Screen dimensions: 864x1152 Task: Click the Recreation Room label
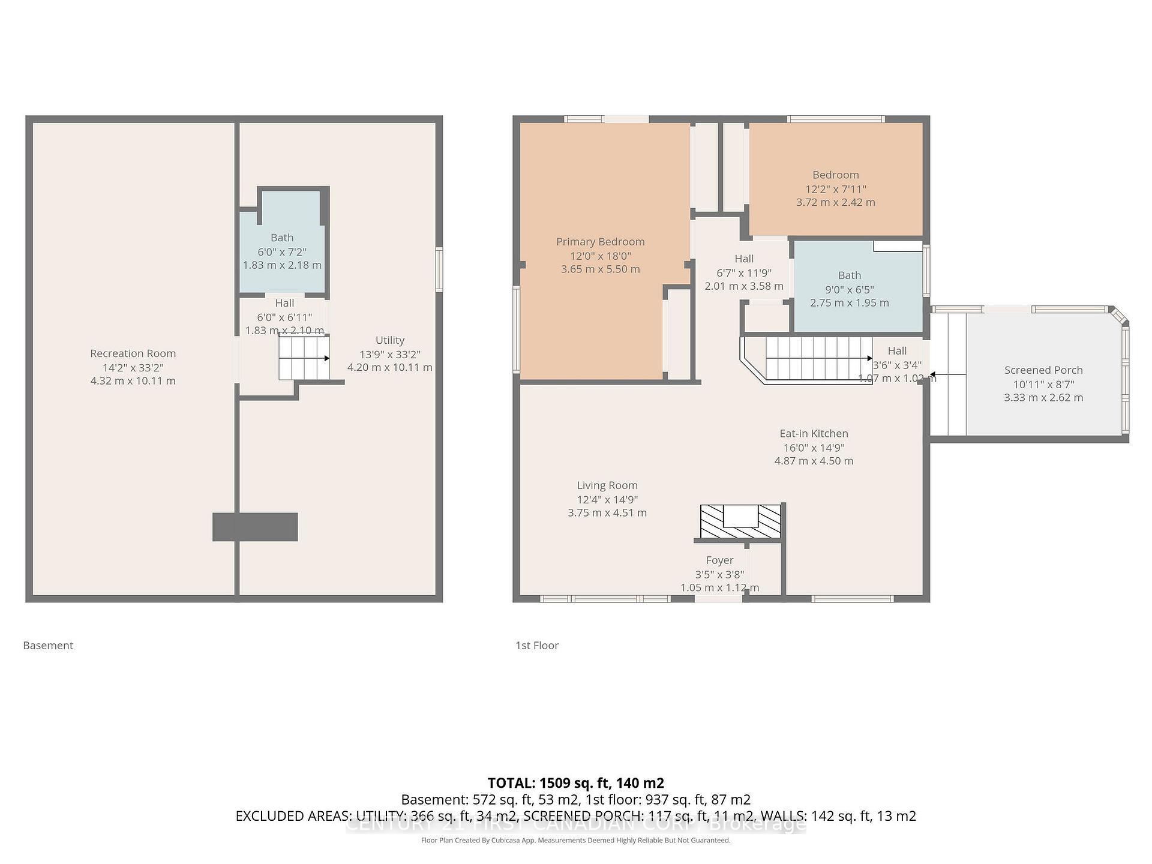tap(133, 353)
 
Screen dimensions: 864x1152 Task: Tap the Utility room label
tap(390, 340)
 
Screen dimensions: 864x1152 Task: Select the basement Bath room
tap(282, 252)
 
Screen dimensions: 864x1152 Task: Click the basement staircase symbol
tap(304, 358)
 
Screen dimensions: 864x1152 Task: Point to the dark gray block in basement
tap(255, 527)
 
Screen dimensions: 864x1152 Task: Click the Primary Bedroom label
tap(600, 242)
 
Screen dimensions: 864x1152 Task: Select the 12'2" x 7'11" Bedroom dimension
tap(835, 189)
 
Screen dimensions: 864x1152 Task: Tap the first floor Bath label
tap(849, 275)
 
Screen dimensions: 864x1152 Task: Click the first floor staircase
tap(816, 358)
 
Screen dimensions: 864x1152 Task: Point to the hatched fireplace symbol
tap(741, 521)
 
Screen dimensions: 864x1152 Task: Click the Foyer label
tap(719, 560)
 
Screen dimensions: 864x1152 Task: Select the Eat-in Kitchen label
tap(814, 433)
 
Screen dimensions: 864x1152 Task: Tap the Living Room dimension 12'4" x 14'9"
tap(607, 499)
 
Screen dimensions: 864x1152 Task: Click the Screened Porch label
tap(1043, 370)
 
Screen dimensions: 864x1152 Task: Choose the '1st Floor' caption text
tap(537, 646)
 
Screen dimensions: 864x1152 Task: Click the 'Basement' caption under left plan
tap(48, 646)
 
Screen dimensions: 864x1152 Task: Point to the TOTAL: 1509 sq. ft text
tap(575, 783)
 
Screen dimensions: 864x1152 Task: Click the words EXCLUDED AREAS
tap(293, 816)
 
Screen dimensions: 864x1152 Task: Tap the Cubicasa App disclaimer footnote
tap(575, 841)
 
